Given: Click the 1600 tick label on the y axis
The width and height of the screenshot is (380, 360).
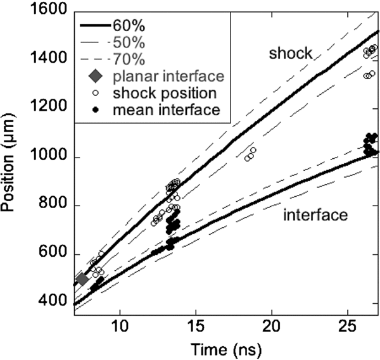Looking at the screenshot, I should point(50,10).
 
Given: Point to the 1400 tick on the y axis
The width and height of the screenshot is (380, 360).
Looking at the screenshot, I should point(50,59).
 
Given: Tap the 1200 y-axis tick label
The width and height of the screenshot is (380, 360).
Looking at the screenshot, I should point(50,108).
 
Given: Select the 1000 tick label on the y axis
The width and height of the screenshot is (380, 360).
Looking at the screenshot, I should point(50,157).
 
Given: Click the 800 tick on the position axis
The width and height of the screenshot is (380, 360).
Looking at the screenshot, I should point(54,206).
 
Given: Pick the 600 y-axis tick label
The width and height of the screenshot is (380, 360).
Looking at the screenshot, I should point(54,254).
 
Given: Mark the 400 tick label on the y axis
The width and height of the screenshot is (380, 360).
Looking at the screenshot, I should point(54,302).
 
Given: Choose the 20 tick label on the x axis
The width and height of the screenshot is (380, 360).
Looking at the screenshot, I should point(272,328).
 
